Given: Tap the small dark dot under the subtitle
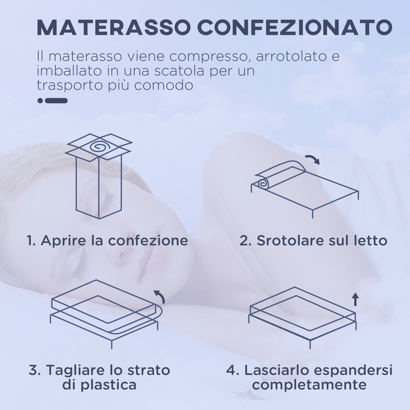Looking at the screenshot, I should [x=40, y=100].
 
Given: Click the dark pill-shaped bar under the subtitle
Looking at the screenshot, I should [x=56, y=100].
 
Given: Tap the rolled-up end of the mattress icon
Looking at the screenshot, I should [x=263, y=182].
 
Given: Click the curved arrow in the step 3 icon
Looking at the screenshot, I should [x=160, y=295].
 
